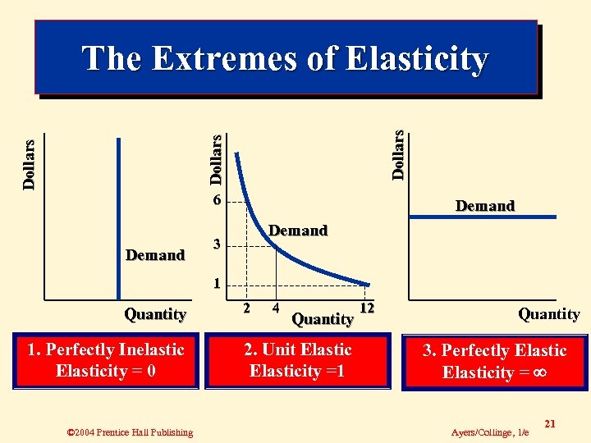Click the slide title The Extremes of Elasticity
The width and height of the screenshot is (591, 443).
(x=286, y=58)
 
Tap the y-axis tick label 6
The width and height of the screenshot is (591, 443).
(x=216, y=201)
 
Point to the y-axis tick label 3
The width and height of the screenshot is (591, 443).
(x=216, y=244)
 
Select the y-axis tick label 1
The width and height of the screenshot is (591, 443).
(x=216, y=285)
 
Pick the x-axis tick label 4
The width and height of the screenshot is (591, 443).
(x=276, y=308)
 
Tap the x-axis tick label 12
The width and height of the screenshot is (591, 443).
(x=367, y=308)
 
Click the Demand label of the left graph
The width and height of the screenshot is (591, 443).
(x=155, y=255)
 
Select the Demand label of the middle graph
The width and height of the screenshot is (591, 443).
(x=298, y=231)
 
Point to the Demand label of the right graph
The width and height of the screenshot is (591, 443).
(x=484, y=206)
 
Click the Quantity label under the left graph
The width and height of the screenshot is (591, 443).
(x=155, y=313)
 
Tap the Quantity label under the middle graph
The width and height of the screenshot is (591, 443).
(x=323, y=318)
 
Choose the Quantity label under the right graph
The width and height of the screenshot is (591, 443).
(x=548, y=313)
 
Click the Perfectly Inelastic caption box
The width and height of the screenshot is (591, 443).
(x=106, y=360)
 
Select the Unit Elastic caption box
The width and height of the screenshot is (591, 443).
(x=297, y=360)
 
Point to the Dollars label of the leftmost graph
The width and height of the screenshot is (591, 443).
(x=29, y=164)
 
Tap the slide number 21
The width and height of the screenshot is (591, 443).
(x=550, y=423)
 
